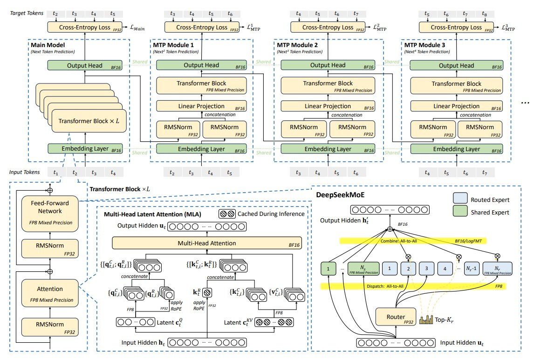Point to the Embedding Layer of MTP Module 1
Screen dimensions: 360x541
click(201, 149)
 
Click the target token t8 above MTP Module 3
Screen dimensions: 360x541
click(485, 14)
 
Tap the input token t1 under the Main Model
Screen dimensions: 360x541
click(56, 173)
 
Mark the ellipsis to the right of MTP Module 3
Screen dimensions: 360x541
click(525, 103)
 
